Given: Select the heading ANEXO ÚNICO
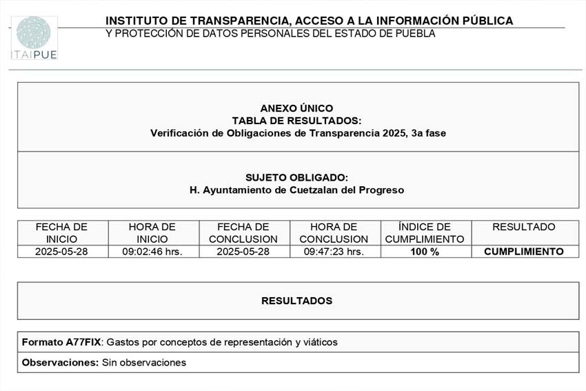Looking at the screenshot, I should tap(296, 108).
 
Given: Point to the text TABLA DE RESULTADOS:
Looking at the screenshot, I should tap(296, 121).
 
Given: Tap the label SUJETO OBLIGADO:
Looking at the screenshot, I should tap(296, 177).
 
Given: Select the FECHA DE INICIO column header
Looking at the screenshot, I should tap(62, 233).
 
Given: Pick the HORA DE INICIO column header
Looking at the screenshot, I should tap(152, 233).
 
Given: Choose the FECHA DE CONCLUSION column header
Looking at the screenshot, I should tap(243, 233).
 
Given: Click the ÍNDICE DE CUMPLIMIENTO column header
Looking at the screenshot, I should tap(425, 233).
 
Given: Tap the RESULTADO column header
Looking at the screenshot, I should tap(524, 227).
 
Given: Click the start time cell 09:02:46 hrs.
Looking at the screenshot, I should tap(152, 252).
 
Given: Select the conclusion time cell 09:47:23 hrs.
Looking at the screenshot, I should tap(334, 252).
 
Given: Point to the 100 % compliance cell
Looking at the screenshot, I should tap(425, 252).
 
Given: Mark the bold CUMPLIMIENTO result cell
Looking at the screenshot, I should tap(524, 252).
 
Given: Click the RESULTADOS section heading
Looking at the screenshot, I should tap(296, 301).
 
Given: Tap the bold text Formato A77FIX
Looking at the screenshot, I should tap(61, 342).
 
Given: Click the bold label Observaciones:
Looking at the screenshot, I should tap(61, 363).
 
